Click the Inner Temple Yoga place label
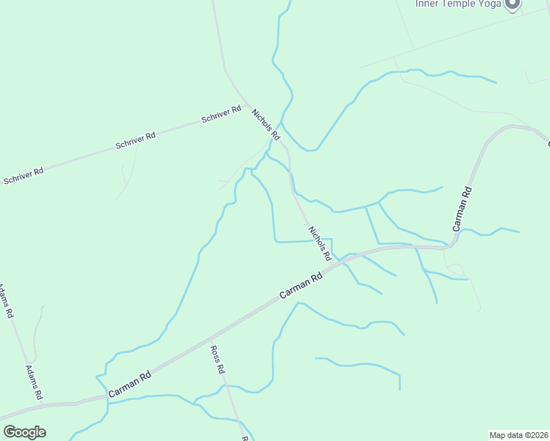tap(458, 4)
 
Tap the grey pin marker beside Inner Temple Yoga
tap(513, 4)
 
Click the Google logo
tap(24, 432)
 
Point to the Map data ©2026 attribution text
tap(518, 434)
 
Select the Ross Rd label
tap(216, 360)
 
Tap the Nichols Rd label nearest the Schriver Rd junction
tap(266, 125)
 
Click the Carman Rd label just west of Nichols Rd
tap(301, 286)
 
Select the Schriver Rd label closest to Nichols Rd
tap(221, 115)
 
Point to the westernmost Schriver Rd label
tap(24, 176)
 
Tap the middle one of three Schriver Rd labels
tap(135, 141)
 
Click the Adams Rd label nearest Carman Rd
tap(34, 382)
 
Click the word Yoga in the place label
tap(489, 4)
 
